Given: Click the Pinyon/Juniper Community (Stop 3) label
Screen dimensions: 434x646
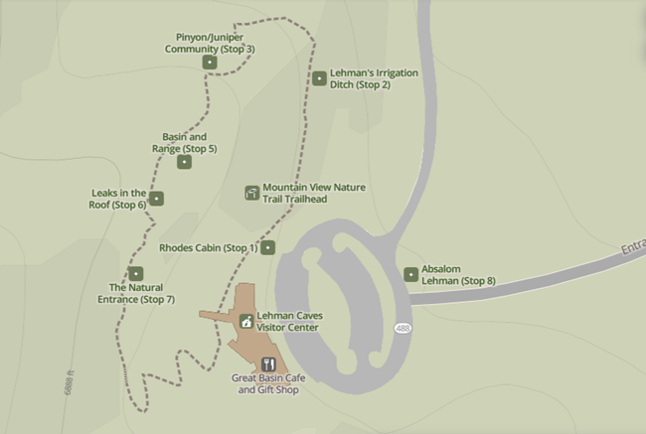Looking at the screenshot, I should click(210, 43).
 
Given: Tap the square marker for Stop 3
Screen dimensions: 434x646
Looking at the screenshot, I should click(209, 63).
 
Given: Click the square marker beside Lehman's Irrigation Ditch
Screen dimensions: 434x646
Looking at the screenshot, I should click(319, 78).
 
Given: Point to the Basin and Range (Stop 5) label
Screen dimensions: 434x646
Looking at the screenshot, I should click(185, 142).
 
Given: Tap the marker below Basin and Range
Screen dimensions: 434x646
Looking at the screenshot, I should click(184, 161).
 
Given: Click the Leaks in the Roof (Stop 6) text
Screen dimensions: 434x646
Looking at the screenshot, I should click(118, 199).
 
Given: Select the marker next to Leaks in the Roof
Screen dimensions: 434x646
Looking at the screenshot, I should click(156, 199).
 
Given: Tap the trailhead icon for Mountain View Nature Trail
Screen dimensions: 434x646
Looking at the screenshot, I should click(251, 192).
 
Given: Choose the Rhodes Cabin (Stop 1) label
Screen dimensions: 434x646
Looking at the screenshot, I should click(208, 247).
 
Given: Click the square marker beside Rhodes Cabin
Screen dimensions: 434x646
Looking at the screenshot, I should click(267, 247).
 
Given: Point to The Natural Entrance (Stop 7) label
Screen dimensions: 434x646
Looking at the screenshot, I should click(136, 293).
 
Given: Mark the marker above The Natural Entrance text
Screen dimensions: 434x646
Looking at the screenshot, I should click(136, 273).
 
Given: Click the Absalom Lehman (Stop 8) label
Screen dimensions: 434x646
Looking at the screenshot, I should click(458, 274).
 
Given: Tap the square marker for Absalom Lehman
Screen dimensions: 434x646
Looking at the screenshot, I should click(410, 274).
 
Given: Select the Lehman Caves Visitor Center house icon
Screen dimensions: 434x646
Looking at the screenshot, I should click(245, 321).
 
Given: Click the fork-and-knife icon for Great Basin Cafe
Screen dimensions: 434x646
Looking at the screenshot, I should click(267, 364).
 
